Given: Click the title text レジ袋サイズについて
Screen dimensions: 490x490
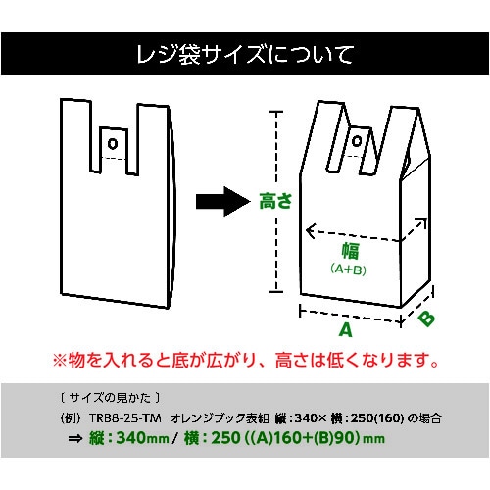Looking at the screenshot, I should point(244,54).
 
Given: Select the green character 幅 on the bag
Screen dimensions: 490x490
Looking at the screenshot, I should point(349,250).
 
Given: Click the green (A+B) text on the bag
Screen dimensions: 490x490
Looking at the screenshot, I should point(349,269).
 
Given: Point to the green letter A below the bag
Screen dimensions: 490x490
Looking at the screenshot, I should point(346,330).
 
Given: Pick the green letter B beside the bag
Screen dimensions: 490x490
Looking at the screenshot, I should point(427,318).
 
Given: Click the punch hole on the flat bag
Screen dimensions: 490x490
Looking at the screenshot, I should point(112,144).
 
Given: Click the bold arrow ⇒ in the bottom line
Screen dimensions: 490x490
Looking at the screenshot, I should point(73,440).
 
